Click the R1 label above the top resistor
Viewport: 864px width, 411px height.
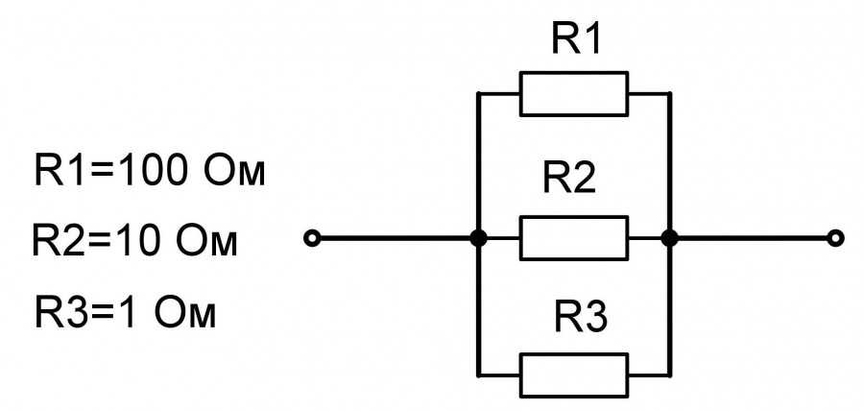pos(576,38)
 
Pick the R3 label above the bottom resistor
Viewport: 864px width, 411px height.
pos(580,318)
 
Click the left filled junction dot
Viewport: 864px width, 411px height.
pos(478,238)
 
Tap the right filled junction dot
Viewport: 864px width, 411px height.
pos(669,238)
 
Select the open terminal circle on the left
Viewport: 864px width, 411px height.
pos(312,238)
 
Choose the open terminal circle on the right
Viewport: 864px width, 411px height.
pos(836,238)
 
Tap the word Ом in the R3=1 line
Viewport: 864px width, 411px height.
pos(184,313)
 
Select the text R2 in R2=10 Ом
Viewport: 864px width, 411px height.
pos(58,241)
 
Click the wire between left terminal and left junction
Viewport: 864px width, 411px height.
pos(396,238)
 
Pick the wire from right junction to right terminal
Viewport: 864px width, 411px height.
pos(754,238)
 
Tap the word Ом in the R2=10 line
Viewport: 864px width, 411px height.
pos(206,241)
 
